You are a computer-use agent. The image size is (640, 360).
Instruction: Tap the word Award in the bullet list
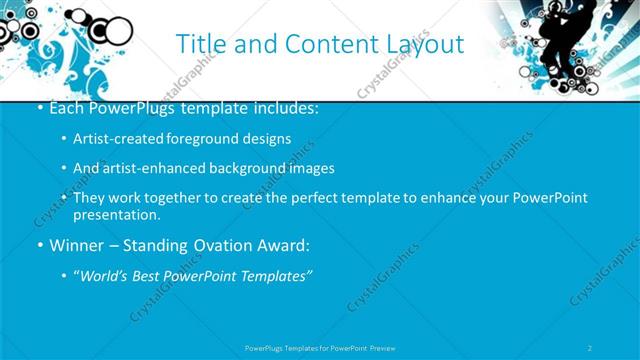[281, 245]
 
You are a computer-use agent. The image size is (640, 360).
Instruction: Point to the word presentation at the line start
[116, 214]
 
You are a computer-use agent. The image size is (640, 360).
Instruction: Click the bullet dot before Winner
[38, 245]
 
